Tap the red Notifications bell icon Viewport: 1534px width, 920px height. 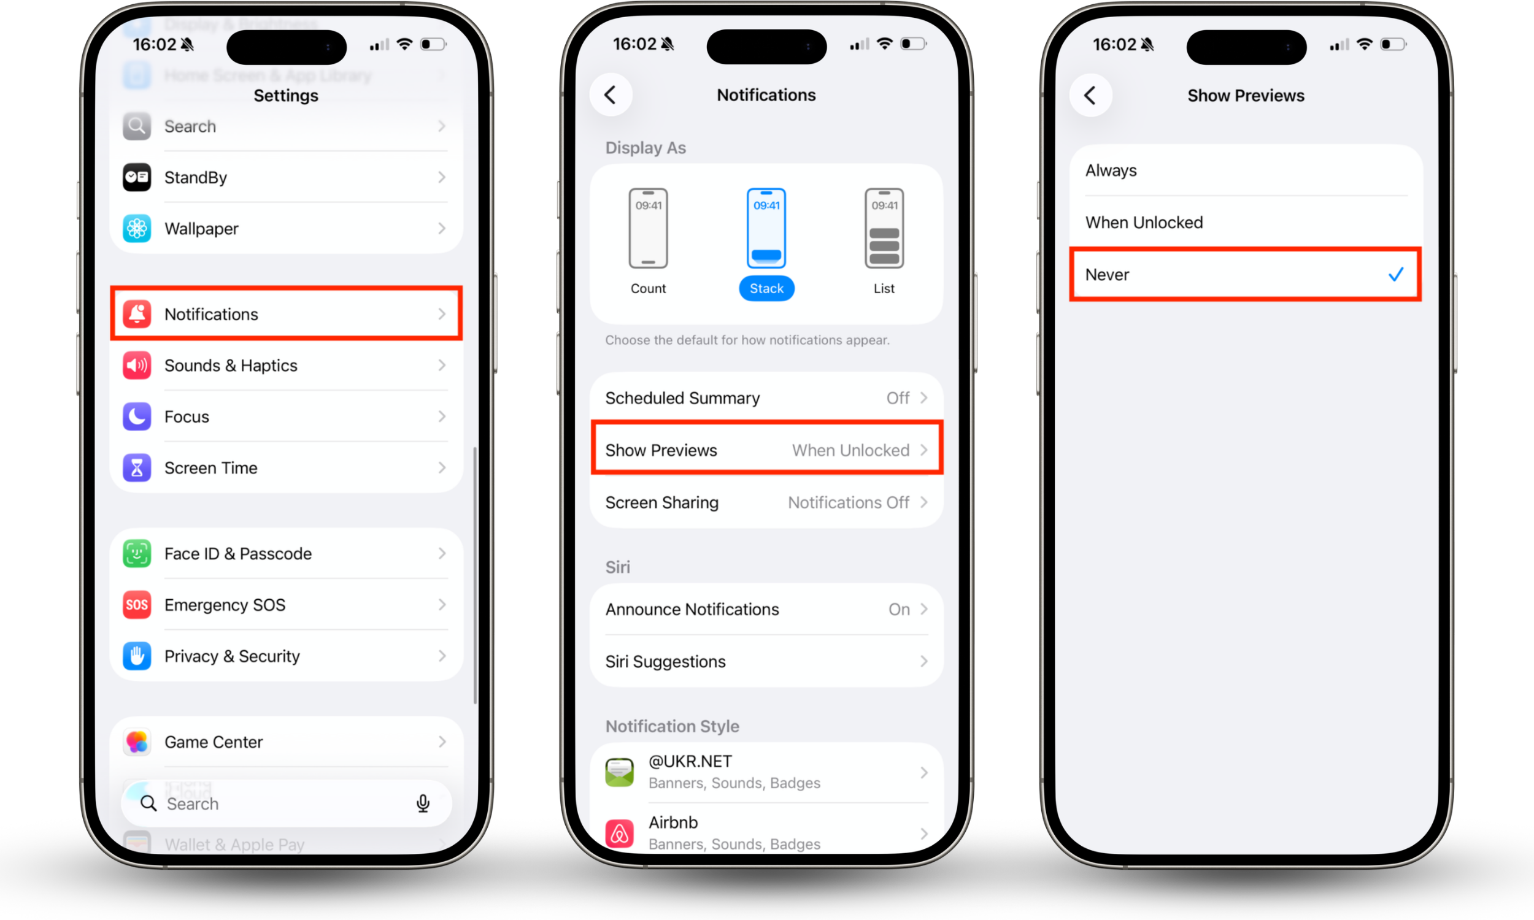point(137,314)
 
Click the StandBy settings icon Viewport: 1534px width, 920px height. point(137,177)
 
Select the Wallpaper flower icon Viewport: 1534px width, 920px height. point(137,229)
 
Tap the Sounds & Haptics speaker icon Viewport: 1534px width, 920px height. point(137,366)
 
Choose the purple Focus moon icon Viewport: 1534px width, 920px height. point(137,416)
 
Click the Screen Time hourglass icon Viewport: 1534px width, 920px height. point(137,468)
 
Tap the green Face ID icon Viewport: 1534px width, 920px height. point(137,554)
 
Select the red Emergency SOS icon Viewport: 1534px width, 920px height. point(137,605)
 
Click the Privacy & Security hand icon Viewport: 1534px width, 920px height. point(137,656)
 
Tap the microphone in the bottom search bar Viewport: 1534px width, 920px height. point(423,803)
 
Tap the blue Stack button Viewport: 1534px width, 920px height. point(766,288)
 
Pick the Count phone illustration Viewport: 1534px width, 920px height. point(648,228)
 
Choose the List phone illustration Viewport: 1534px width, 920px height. point(884,228)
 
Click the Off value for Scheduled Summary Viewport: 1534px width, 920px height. point(897,398)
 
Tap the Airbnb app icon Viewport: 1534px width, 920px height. point(619,833)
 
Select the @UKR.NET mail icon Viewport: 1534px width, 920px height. point(619,772)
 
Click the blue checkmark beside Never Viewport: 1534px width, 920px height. point(1396,275)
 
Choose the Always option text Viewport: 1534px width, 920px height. point(1111,171)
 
